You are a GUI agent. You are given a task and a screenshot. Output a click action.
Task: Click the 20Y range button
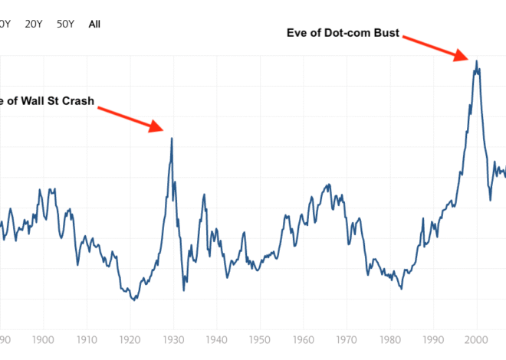click(x=34, y=24)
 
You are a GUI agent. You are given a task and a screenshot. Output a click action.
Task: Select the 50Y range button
click(x=65, y=24)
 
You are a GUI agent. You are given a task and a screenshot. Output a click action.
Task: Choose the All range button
click(x=94, y=24)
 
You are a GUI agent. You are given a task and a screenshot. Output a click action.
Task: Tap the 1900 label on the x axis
click(x=43, y=339)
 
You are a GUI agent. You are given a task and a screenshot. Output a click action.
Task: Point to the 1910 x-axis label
click(x=86, y=339)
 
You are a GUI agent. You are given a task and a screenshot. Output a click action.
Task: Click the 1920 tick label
click(x=130, y=339)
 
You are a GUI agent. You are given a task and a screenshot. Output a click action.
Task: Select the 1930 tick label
click(x=173, y=339)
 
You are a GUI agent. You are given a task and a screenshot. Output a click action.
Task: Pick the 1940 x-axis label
click(x=216, y=339)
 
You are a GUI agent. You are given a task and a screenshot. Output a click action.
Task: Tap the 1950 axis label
click(x=260, y=339)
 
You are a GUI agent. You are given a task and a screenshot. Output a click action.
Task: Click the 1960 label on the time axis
click(x=304, y=339)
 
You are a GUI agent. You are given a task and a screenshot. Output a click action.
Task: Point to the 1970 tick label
click(x=347, y=339)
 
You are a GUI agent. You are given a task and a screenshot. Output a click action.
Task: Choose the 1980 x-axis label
click(x=390, y=339)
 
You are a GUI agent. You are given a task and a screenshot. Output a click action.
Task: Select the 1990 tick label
click(x=434, y=339)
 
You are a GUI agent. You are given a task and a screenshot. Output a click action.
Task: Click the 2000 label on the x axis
click(x=477, y=339)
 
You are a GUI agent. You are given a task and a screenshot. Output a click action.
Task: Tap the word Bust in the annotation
click(x=386, y=32)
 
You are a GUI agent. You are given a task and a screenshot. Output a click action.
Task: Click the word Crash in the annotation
click(x=79, y=100)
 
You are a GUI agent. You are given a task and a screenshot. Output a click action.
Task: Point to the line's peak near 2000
click(x=477, y=61)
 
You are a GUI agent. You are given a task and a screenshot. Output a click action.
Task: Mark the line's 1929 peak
click(x=172, y=139)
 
